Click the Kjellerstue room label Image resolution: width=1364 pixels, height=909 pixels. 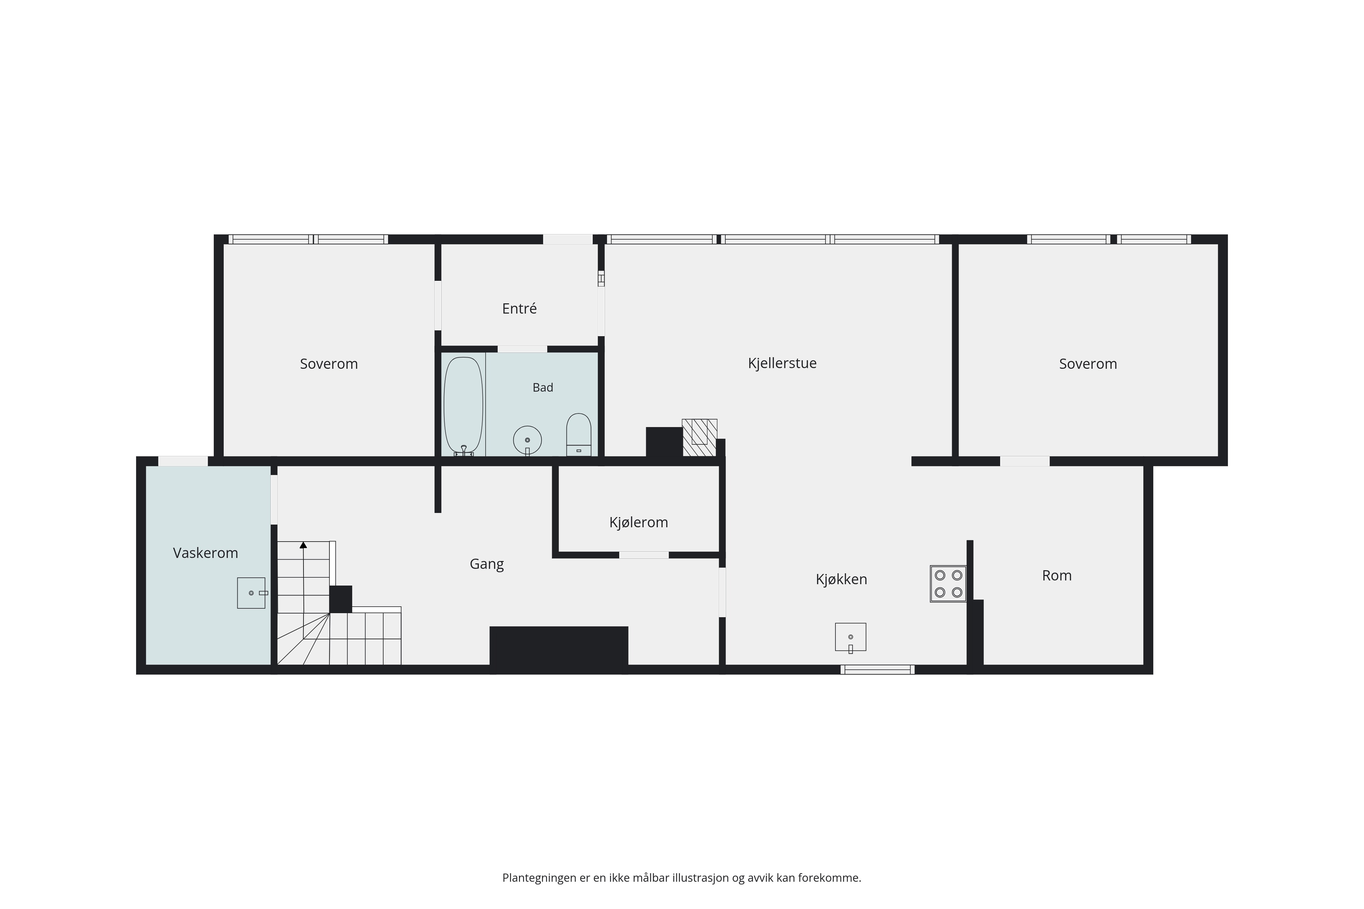click(x=782, y=363)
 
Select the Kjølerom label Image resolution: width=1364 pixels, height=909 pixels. click(x=638, y=522)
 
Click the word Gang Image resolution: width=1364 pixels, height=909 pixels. click(x=487, y=565)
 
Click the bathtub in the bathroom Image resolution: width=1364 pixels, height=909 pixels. click(x=463, y=406)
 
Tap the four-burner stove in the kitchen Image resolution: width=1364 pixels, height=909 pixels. click(x=948, y=584)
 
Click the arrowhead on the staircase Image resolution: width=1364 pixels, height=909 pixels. click(x=303, y=545)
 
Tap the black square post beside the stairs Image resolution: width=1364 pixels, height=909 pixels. click(x=340, y=600)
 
